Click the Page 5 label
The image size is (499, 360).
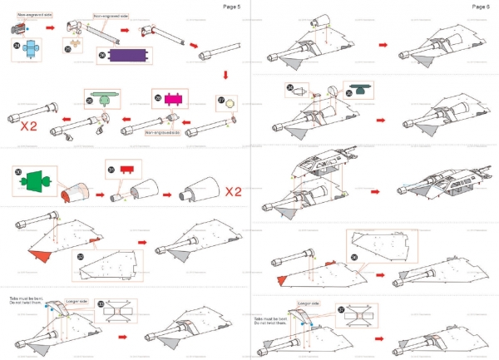[x=232, y=7]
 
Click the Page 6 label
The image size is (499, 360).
[x=481, y=7]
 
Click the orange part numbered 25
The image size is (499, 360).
[x=77, y=42]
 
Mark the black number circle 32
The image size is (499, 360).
[x=80, y=258]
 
